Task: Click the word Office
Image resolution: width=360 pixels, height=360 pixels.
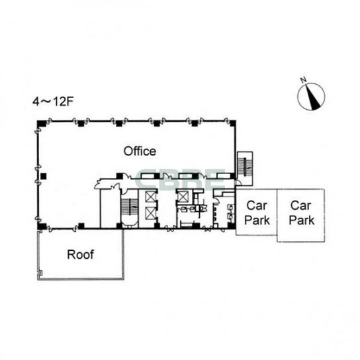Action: pos(140,152)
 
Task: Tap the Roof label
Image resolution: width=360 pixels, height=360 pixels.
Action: pos(80,255)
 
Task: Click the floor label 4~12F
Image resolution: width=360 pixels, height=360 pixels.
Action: pos(53,101)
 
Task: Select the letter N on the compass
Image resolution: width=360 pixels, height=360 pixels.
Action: pos(304,80)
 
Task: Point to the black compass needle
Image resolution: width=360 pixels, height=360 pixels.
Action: pos(313,97)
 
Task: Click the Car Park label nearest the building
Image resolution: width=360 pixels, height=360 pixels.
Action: pos(257,213)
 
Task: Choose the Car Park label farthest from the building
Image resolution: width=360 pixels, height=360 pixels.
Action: pos(301,213)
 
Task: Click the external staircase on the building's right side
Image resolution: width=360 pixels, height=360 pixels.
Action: pos(245,167)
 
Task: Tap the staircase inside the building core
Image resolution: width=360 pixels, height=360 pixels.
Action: pos(130,207)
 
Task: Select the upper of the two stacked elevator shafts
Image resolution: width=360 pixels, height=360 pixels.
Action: pos(151,197)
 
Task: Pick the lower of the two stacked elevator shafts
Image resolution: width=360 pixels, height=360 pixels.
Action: pos(151,213)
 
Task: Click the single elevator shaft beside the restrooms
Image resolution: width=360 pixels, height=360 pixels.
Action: pos(183,197)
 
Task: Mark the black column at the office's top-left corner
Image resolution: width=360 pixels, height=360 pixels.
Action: pos(42,123)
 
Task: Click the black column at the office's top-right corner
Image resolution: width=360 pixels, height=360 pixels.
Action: pos(232,123)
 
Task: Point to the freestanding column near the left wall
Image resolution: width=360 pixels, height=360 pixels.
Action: pos(44,176)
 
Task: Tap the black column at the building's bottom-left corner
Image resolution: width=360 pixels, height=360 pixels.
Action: pos(42,226)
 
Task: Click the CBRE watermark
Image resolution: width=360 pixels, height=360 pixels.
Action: pos(180,180)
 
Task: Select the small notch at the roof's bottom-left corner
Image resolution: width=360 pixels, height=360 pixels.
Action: pos(40,273)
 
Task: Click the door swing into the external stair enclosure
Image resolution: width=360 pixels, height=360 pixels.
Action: pos(238,183)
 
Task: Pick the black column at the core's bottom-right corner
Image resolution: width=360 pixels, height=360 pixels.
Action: pos(232,226)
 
